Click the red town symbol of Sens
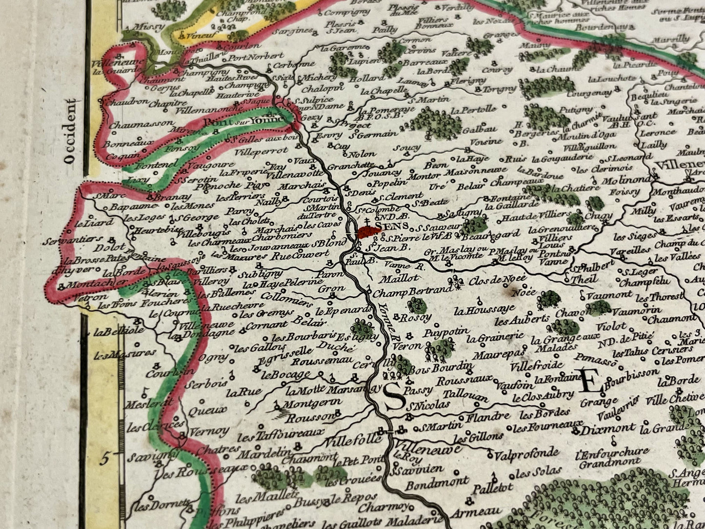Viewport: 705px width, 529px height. point(369,233)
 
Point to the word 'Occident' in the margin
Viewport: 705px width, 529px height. point(73,130)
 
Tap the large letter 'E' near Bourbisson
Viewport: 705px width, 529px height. point(589,381)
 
